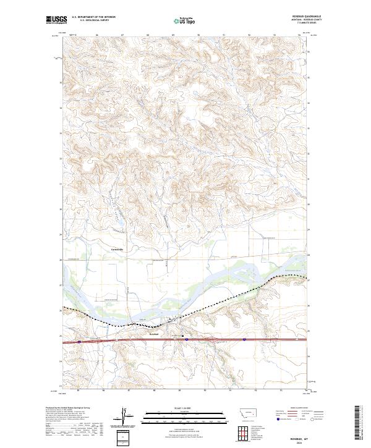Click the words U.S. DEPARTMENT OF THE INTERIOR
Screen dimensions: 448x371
tap(92, 17)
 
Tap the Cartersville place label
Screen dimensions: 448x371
tap(117, 249)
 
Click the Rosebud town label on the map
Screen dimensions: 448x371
tap(154, 334)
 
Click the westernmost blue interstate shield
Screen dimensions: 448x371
tap(81, 340)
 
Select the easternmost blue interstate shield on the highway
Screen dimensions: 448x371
tap(245, 339)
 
